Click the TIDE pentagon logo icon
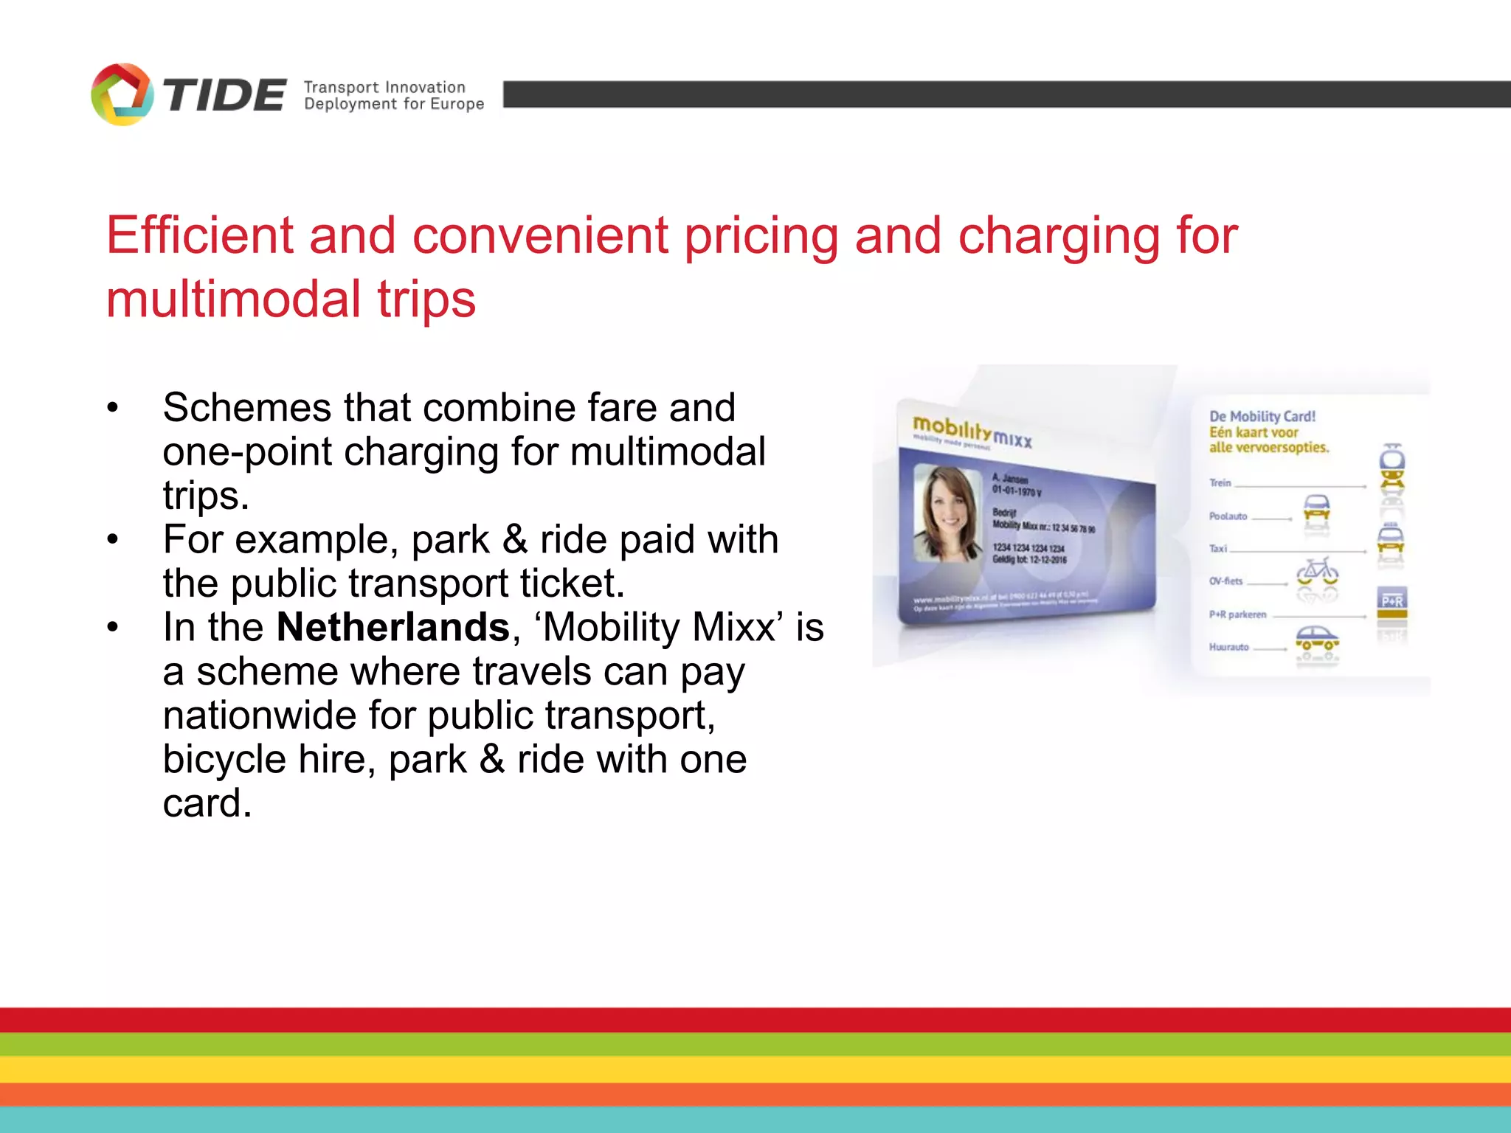(122, 94)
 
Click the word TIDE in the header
(224, 96)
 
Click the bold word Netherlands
(393, 628)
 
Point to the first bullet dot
(112, 408)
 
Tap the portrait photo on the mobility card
(947, 513)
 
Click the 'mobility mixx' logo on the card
(971, 432)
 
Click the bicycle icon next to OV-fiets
(1318, 572)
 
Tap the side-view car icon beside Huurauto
(1317, 641)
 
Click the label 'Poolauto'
(1228, 516)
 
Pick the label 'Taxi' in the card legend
(1217, 549)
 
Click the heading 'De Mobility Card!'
(1262, 416)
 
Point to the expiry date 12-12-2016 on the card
(1048, 560)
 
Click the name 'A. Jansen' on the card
(1010, 479)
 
